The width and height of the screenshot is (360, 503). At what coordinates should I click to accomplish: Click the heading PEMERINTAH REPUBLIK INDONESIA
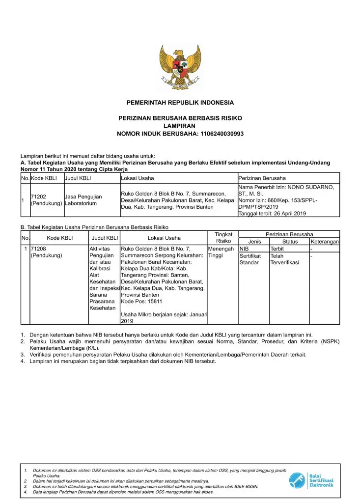pyautogui.click(x=180, y=103)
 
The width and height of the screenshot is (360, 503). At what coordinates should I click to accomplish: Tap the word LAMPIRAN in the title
pyautogui.click(x=180, y=126)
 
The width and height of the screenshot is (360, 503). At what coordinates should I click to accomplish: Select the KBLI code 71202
pyautogui.click(x=39, y=196)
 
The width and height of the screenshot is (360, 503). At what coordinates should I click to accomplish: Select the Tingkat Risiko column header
pyautogui.click(x=223, y=238)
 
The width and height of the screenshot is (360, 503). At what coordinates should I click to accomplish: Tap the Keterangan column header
pyautogui.click(x=325, y=242)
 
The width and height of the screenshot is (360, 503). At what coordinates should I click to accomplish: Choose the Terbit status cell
pyautogui.click(x=277, y=249)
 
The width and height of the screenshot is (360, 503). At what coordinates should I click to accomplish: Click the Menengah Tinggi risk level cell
pyautogui.click(x=221, y=252)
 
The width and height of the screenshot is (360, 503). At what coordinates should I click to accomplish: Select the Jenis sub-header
pyautogui.click(x=254, y=242)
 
